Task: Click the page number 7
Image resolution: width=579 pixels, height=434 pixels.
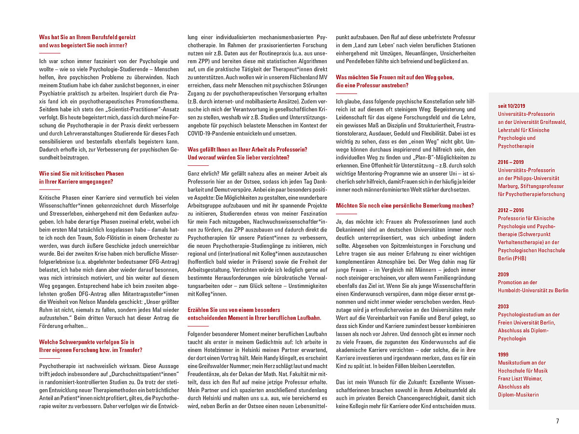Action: click(x=557, y=421)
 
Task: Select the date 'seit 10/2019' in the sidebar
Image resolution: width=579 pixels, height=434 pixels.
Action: click(x=512, y=106)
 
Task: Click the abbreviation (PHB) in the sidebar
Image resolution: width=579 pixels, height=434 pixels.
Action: click(x=520, y=258)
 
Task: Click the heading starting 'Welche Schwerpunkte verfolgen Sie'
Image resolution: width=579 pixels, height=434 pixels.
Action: click(x=86, y=342)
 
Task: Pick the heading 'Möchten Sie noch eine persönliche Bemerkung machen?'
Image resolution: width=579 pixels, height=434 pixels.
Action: click(x=405, y=205)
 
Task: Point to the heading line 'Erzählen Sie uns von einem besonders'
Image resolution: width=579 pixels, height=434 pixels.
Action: click(x=234, y=310)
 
